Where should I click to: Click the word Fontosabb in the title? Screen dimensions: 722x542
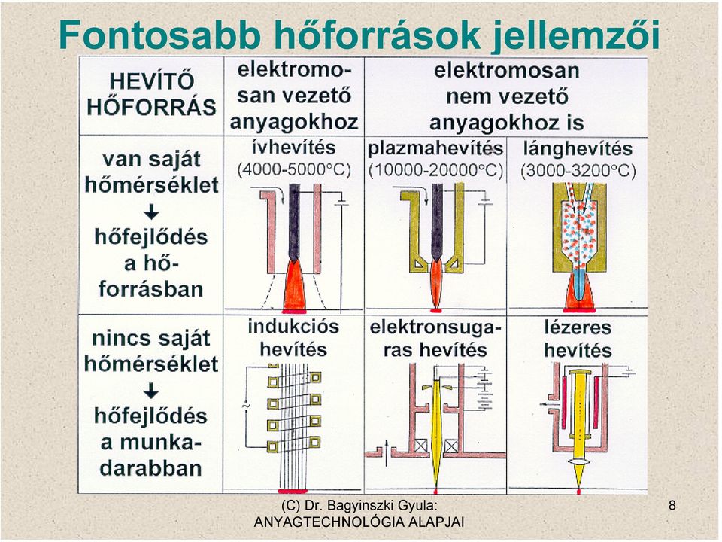(x=159, y=35)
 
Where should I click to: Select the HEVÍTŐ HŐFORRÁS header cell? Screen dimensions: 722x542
(x=151, y=95)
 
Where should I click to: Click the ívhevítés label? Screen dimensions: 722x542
(x=294, y=148)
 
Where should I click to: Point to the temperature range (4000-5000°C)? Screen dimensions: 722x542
(x=294, y=169)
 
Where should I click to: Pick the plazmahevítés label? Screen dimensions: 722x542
(x=435, y=148)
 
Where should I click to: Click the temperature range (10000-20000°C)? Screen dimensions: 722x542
(x=435, y=171)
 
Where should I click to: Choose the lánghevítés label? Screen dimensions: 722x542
(x=578, y=148)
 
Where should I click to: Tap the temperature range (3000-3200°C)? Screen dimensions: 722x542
(x=578, y=171)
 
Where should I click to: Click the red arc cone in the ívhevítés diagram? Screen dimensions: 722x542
(x=294, y=286)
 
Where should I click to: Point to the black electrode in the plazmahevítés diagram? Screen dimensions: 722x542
(x=436, y=221)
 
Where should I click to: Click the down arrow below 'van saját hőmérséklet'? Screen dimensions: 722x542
(x=151, y=212)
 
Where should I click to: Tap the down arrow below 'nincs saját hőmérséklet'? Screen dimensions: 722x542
(x=151, y=391)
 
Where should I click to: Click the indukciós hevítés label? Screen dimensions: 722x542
(x=293, y=338)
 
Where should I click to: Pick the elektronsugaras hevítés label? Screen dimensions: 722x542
(x=435, y=339)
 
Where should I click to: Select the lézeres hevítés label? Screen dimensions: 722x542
(x=578, y=339)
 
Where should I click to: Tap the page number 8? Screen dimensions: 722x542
(x=672, y=506)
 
